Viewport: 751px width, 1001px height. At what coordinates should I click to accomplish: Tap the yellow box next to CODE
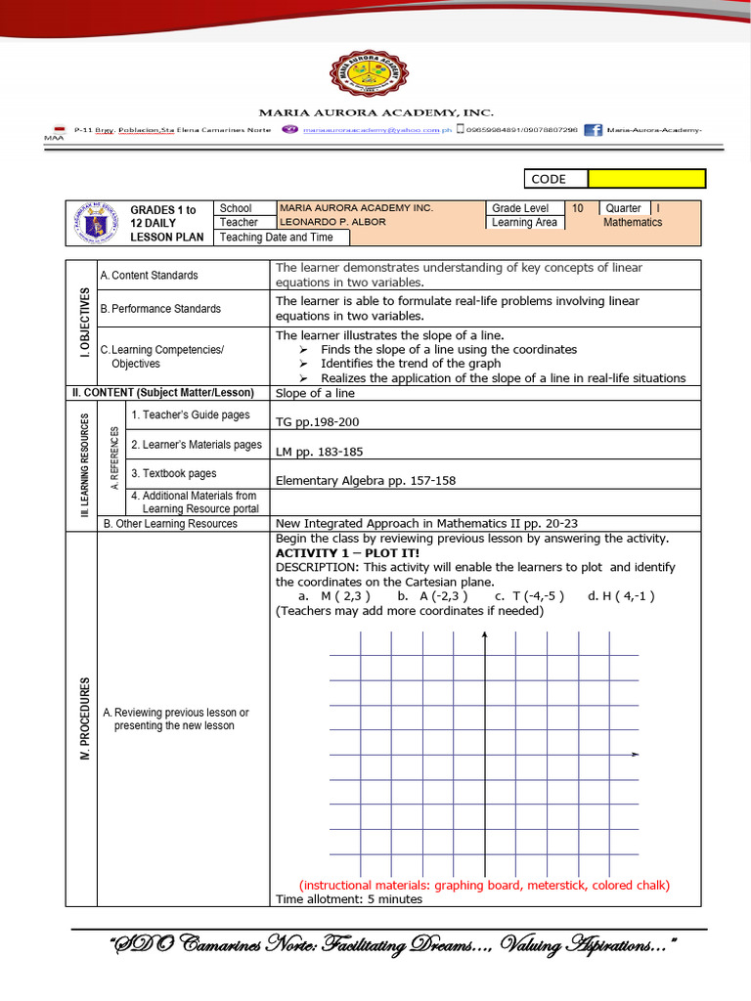tap(646, 179)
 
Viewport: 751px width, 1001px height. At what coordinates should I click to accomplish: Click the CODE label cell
tap(556, 179)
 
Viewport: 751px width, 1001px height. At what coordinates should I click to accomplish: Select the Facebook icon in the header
tap(593, 129)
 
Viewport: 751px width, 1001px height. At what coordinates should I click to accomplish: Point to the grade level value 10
tap(578, 208)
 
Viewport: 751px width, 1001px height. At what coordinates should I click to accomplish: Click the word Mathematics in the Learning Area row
tap(632, 223)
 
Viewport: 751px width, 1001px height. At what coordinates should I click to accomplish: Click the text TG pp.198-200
tap(318, 422)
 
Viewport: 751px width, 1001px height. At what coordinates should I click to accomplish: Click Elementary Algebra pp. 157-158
tap(366, 480)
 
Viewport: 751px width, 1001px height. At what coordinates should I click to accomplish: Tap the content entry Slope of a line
tap(315, 393)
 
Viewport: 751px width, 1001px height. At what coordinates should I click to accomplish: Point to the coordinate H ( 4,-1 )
tap(621, 595)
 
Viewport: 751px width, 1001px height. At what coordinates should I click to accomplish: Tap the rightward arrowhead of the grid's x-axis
tap(636, 755)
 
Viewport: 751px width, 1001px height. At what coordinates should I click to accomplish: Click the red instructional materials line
tap(484, 885)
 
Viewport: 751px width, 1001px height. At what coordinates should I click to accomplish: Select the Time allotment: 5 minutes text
tap(349, 899)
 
